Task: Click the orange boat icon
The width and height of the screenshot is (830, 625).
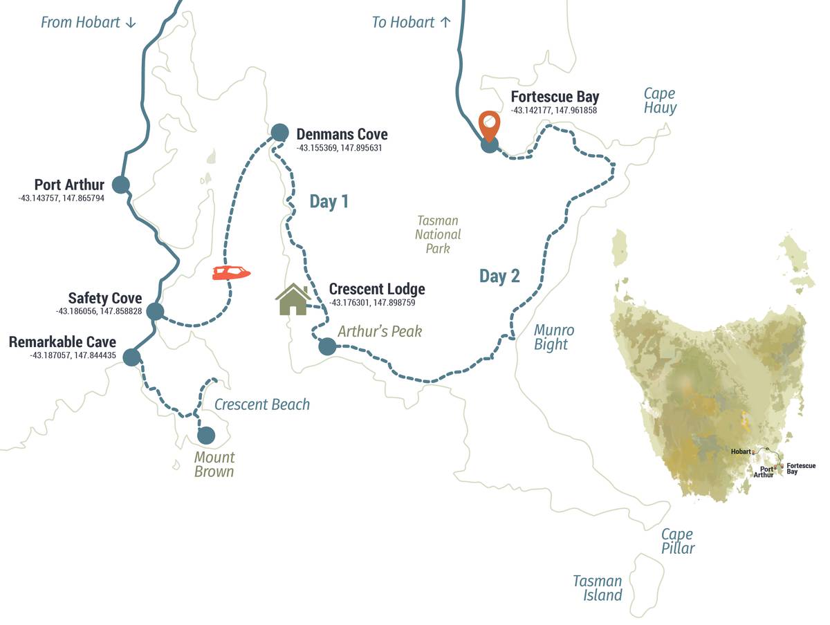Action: coord(231,273)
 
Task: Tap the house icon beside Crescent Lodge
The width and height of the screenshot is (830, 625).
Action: coord(293,299)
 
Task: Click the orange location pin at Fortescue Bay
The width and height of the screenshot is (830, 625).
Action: coord(489,125)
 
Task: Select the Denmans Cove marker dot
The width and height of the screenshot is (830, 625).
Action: coord(279,132)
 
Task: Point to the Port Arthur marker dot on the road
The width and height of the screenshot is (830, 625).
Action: coord(121,185)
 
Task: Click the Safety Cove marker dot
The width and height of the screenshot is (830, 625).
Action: coord(155,311)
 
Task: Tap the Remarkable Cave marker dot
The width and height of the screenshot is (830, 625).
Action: coord(131,357)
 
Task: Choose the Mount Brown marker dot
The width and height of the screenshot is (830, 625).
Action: coord(205,436)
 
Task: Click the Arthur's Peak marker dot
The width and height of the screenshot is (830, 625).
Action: coord(327,346)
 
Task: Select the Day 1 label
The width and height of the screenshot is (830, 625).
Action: coord(329,202)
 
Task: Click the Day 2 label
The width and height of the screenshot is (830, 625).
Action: coord(499,277)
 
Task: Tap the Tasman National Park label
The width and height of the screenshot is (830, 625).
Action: coord(438,234)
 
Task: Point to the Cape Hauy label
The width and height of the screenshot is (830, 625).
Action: coord(660,101)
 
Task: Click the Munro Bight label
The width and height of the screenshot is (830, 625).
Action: coord(553,337)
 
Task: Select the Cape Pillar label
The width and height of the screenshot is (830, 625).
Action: coord(678,541)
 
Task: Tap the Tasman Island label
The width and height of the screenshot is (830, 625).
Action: coord(598,588)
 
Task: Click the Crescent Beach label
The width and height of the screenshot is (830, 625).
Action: coord(262,404)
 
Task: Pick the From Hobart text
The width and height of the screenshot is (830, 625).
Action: coord(89,22)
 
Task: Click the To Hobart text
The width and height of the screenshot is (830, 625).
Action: coord(412,22)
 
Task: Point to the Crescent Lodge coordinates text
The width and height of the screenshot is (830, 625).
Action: coord(372,303)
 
